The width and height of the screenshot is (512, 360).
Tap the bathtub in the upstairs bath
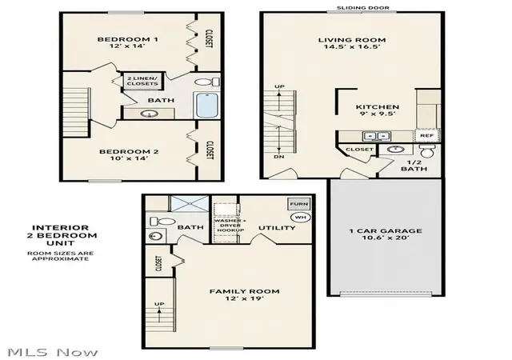click(x=206, y=105)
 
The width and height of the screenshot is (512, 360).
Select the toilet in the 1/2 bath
click(x=427, y=151)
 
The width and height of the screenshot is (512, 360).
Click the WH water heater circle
click(x=301, y=217)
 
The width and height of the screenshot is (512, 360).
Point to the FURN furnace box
click(x=298, y=204)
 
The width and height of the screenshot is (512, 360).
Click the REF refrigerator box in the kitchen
click(x=426, y=135)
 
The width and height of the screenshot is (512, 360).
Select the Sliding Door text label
click(x=363, y=7)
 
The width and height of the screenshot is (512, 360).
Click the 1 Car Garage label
click(x=386, y=230)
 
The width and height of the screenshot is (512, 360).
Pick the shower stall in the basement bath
click(x=190, y=203)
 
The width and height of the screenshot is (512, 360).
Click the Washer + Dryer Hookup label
click(x=230, y=226)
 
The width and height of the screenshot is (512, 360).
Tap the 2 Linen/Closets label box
click(x=142, y=81)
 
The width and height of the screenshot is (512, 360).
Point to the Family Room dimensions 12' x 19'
click(x=244, y=298)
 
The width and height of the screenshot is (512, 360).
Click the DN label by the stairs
click(x=279, y=157)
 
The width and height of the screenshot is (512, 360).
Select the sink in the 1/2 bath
click(x=396, y=150)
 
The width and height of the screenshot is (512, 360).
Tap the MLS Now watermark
click(x=52, y=352)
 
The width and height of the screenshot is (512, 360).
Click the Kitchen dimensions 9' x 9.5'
click(x=378, y=114)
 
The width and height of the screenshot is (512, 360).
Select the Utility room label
click(x=277, y=228)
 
